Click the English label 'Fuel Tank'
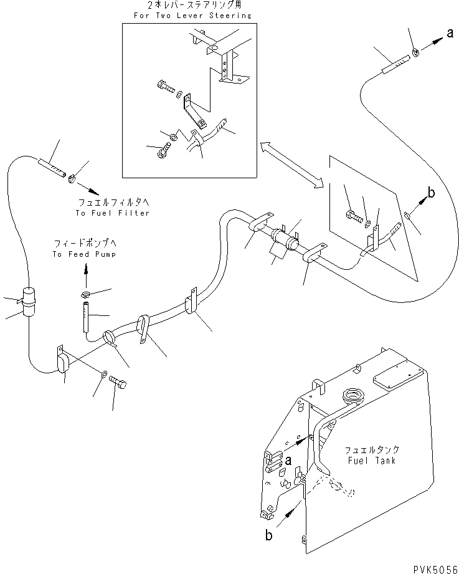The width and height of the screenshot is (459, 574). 370,460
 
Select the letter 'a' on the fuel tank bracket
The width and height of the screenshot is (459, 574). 288,460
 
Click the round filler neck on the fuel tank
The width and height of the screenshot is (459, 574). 352,396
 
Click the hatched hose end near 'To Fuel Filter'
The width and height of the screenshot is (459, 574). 52,168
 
